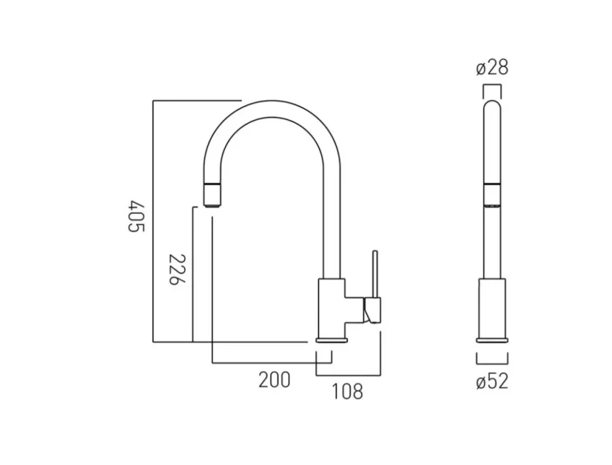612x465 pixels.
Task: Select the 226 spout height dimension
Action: [x=176, y=269]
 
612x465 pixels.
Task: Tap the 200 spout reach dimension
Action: [x=274, y=380]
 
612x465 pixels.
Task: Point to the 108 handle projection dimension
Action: [x=347, y=391]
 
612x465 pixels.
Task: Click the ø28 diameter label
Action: [x=492, y=69]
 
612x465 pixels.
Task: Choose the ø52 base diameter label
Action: [x=492, y=381]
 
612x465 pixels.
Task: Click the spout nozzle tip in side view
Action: [x=213, y=194]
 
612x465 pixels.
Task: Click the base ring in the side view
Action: [x=331, y=341]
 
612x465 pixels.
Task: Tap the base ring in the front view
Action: [x=492, y=341]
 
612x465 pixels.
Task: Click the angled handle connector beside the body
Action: [x=371, y=310]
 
